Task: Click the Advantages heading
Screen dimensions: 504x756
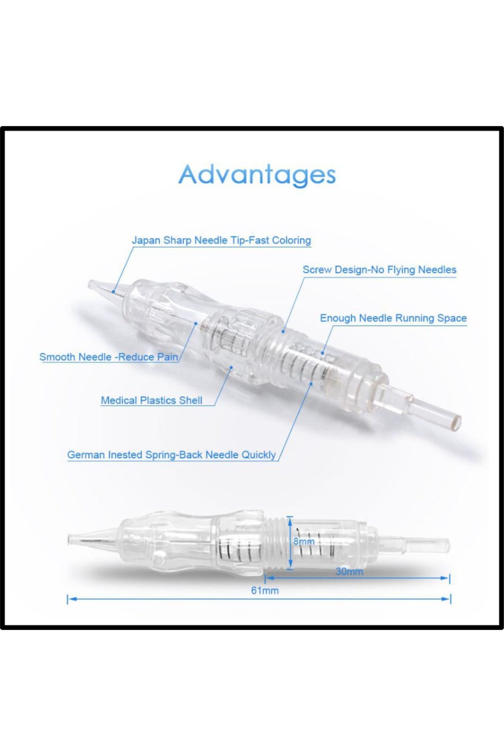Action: (x=257, y=176)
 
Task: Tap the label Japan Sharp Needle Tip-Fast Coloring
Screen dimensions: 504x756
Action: (x=221, y=240)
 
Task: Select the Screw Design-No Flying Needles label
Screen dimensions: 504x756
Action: (x=379, y=270)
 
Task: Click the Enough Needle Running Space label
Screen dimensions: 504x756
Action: (x=393, y=318)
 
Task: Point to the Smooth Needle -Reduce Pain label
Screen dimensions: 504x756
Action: (x=109, y=357)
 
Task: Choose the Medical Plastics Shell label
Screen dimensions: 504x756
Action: (x=152, y=400)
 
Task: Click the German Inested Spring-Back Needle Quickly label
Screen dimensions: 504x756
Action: (x=171, y=455)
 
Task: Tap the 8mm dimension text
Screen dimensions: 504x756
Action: (x=304, y=541)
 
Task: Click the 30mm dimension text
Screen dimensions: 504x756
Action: (x=349, y=572)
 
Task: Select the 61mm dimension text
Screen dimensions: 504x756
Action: (x=265, y=591)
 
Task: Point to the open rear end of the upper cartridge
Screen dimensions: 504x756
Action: (x=457, y=420)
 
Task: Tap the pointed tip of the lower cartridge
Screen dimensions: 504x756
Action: (x=69, y=539)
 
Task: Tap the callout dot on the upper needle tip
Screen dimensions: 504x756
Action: (x=114, y=291)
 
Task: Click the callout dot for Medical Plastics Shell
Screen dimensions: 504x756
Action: (x=231, y=367)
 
